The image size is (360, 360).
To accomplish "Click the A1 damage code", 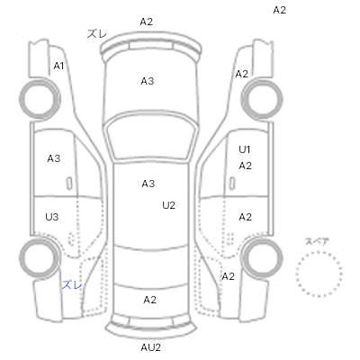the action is (58, 66).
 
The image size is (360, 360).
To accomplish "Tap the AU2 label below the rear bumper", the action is (151, 347).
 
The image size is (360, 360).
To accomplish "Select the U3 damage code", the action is (52, 217).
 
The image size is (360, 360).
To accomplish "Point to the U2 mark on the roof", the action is (168, 205).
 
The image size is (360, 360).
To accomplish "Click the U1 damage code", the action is (245, 149).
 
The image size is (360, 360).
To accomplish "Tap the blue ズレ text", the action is (72, 284).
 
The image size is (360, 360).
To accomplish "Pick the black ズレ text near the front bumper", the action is (97, 33).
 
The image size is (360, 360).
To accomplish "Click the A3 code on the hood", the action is (148, 81).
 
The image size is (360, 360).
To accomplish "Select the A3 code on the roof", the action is (148, 184).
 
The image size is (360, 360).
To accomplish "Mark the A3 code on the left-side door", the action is (54, 158).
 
